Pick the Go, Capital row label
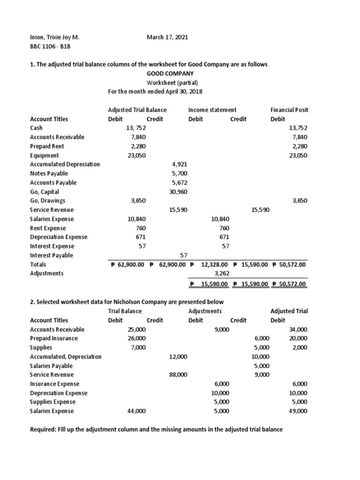(46, 192)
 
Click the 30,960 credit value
(178, 192)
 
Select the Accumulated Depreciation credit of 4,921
(180, 165)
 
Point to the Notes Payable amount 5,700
(180, 173)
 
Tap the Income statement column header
(212, 110)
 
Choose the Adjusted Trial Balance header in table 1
(137, 110)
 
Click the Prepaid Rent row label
(47, 146)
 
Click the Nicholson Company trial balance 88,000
(178, 375)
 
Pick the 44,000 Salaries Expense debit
(136, 411)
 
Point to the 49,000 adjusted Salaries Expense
(299, 411)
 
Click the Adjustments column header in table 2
(205, 311)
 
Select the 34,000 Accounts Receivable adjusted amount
(299, 330)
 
